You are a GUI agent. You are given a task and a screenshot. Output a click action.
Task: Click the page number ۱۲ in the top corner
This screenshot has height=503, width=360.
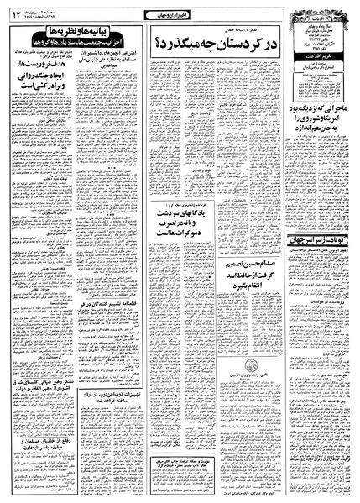[15, 10]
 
